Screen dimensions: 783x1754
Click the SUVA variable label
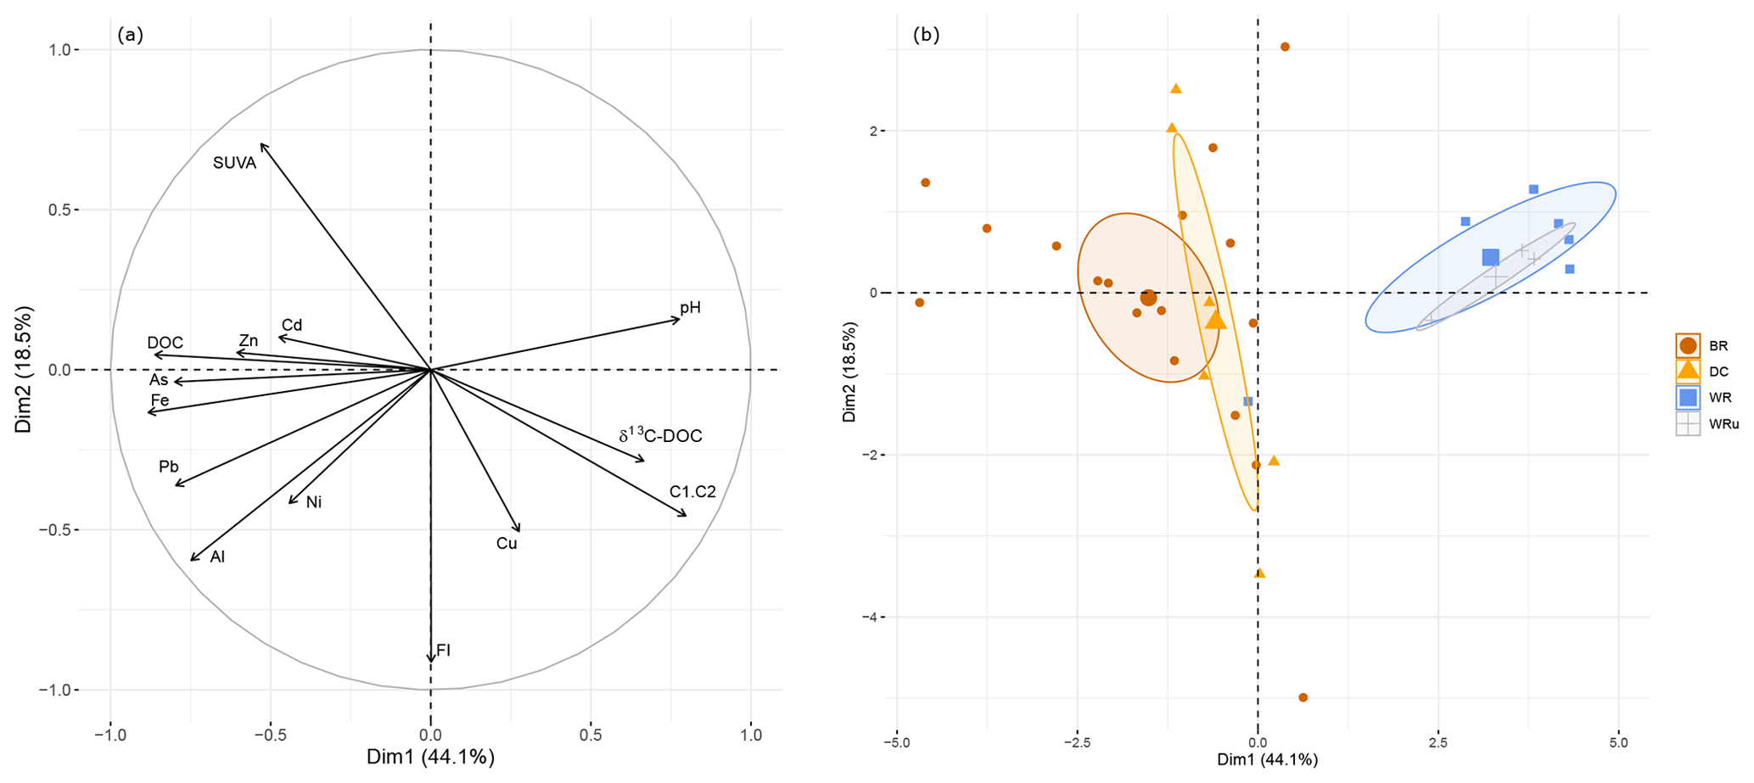pos(234,163)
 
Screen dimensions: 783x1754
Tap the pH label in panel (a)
pos(690,307)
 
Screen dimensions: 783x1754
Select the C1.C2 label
pos(692,492)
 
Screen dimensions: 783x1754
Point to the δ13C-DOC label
pos(660,436)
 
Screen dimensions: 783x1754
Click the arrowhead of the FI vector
pos(431,660)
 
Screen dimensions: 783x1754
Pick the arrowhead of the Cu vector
pos(518,530)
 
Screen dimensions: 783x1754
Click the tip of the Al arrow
pos(192,559)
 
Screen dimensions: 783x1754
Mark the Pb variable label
pos(168,467)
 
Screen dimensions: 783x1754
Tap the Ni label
pos(314,502)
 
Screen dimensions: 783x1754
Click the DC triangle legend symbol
pos(1688,371)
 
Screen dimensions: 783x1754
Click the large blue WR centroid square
pos(1490,257)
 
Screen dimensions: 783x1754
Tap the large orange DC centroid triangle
pos(1216,320)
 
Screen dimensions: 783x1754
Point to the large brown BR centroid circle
pos(1148,298)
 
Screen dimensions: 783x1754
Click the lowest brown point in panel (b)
pos(1303,697)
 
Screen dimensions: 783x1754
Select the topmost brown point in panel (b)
pos(1285,47)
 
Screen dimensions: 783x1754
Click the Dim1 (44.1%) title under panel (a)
pos(430,757)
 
